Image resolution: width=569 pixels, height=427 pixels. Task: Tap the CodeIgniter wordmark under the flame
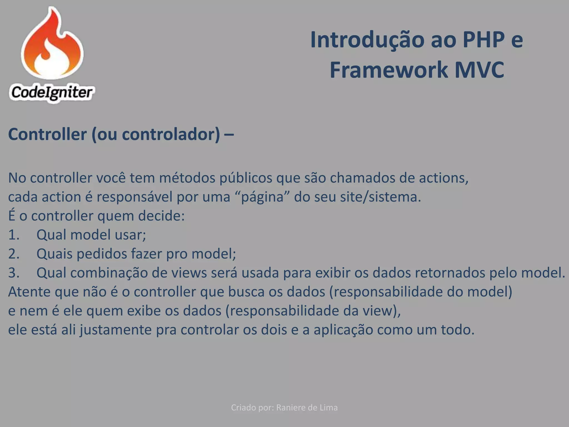pos(52,93)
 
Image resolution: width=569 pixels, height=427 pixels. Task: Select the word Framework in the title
pos(388,70)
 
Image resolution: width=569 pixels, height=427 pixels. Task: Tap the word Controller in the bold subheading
pos(48,134)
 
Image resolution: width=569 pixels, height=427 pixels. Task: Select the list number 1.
pos(14,235)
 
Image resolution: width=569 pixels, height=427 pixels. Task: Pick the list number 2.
pos(14,254)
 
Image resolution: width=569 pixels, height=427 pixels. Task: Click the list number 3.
pos(14,273)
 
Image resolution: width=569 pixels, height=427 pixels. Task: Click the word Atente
pos(29,292)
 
